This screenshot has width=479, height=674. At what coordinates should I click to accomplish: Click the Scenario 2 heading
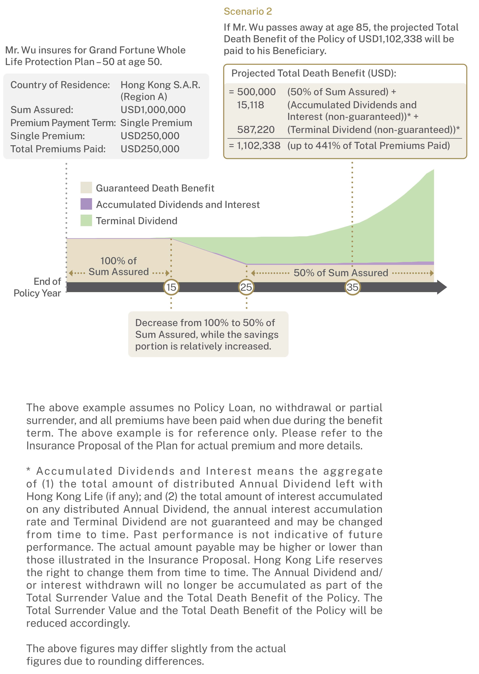pos(248,11)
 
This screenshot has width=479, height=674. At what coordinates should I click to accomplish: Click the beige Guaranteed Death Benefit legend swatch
pos(86,188)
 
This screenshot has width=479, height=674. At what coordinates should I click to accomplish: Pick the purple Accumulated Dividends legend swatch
pos(86,204)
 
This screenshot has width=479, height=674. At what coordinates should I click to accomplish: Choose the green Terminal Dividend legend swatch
pos(86,221)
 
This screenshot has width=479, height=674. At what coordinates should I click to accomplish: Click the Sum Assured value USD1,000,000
pos(153,110)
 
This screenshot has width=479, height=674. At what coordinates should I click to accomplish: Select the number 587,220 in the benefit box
pos(256,130)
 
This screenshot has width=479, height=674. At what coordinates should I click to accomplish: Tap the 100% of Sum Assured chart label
pos(119,266)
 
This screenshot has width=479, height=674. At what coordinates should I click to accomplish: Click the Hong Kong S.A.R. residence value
pos(160,85)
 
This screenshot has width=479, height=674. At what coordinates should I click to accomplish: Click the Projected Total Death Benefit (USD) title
pos(314,73)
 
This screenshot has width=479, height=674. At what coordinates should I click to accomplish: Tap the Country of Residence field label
pos(60,85)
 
